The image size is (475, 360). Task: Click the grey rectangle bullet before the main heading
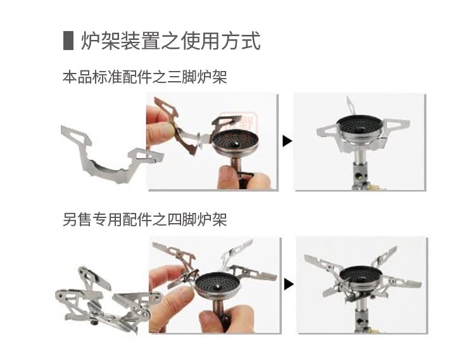coord(68,40)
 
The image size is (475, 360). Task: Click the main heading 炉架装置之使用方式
coord(170,41)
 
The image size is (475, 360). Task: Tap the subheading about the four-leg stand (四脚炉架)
coord(144,220)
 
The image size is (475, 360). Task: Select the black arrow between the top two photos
coord(287,141)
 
